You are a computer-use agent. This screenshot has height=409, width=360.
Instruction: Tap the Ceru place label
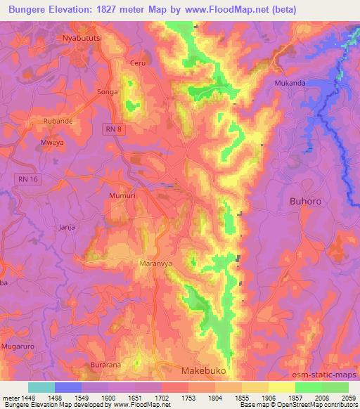pyautogui.click(x=137, y=63)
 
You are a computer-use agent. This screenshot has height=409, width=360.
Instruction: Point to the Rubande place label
pyautogui.click(x=58, y=121)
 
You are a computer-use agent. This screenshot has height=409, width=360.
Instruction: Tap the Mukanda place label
pyautogui.click(x=290, y=82)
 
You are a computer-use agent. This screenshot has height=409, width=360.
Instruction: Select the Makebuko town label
pyautogui.click(x=205, y=370)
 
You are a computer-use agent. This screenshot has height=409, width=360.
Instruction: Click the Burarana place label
pyautogui.click(x=105, y=366)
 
